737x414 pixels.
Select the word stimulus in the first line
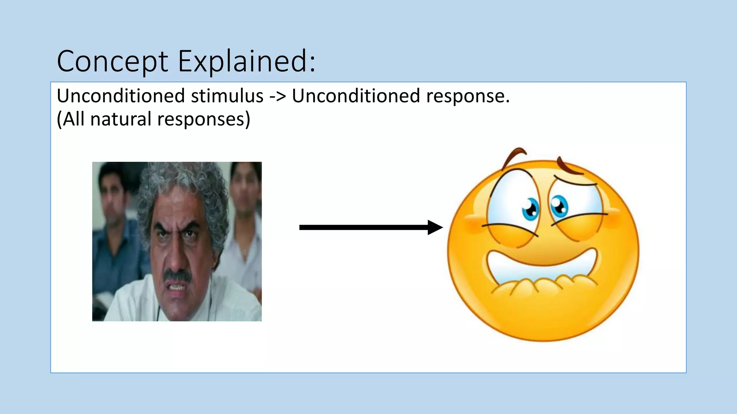click(227, 96)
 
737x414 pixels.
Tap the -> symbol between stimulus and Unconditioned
click(277, 96)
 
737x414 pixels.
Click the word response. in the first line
click(468, 96)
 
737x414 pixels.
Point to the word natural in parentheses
click(121, 119)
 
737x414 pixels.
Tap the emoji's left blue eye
click(530, 209)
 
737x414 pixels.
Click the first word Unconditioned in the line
click(121, 96)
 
